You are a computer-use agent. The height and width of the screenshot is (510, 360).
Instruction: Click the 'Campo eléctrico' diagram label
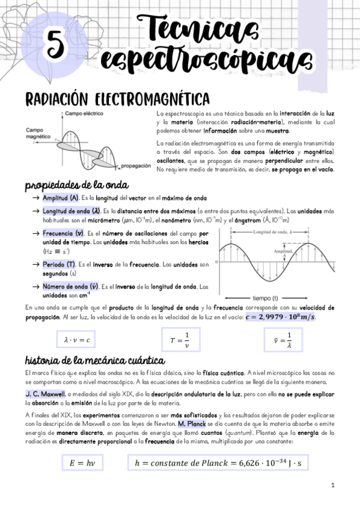pyautogui.click(x=84, y=113)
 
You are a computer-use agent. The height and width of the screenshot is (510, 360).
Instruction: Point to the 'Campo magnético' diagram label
pyautogui.click(x=38, y=133)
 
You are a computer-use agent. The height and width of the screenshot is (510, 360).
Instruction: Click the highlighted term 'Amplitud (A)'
pyautogui.click(x=60, y=198)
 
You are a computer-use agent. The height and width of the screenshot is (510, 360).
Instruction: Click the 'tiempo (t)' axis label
pyautogui.click(x=270, y=298)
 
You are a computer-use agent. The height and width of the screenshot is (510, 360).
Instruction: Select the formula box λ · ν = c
pyautogui.click(x=76, y=340)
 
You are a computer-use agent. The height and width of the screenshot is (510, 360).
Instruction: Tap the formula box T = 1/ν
pyautogui.click(x=180, y=340)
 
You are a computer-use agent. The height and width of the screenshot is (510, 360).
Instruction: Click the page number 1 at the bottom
pyautogui.click(x=333, y=485)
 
